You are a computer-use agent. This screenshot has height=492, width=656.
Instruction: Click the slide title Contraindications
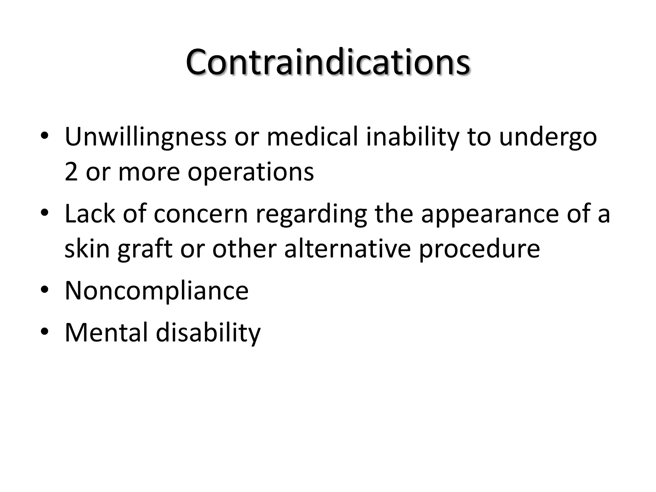coord(328,62)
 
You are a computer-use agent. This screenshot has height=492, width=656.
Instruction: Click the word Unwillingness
coord(145,137)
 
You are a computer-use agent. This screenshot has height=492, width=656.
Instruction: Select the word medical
coord(312,137)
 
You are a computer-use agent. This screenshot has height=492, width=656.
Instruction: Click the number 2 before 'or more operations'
coord(71,172)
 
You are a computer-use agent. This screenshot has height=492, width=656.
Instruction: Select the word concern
coord(201,214)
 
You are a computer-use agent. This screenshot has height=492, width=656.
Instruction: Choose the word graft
coord(145,250)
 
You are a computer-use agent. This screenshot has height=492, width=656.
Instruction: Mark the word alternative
coord(347,249)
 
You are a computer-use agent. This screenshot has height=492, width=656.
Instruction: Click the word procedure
coord(479,250)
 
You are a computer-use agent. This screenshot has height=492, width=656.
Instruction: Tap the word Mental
coord(106,332)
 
